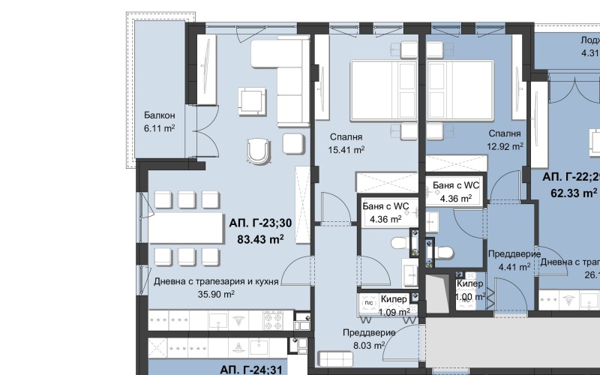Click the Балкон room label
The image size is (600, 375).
(x=160, y=115)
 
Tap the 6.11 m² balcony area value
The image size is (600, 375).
(x=160, y=128)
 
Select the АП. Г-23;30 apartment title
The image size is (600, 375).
(x=260, y=223)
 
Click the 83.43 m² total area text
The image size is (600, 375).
(x=260, y=240)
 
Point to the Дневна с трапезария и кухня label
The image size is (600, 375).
(x=216, y=282)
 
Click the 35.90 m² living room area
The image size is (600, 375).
(x=216, y=295)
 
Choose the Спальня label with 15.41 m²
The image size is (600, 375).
(x=346, y=137)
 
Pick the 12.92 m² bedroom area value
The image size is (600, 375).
(x=505, y=147)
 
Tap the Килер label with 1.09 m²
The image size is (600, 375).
(x=394, y=299)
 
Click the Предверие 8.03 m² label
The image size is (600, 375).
(x=369, y=333)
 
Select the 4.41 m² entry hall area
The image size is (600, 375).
(x=514, y=265)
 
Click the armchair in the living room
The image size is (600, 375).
(x=259, y=150)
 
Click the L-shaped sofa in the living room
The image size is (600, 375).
(x=285, y=75)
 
